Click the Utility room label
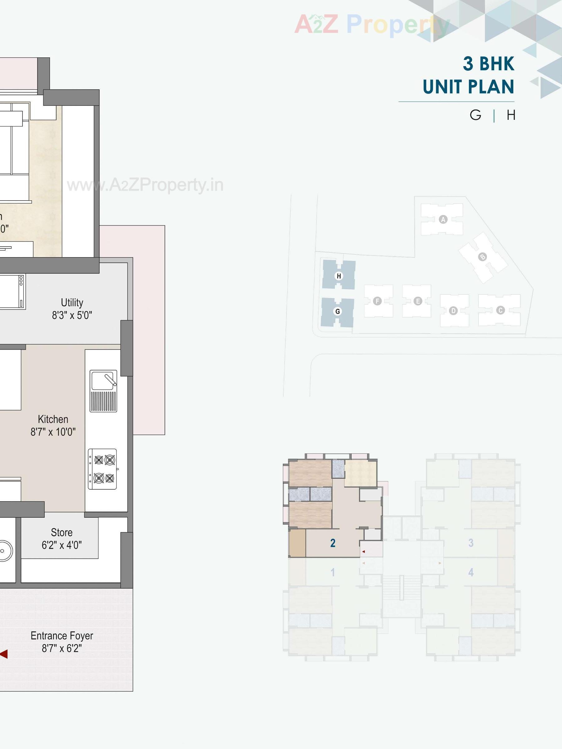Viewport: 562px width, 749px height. (x=72, y=302)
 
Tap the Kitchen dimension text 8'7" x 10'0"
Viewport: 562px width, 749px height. (x=53, y=432)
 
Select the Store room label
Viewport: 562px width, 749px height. (x=62, y=532)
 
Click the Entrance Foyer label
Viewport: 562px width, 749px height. (x=62, y=636)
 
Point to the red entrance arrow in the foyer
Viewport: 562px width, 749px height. (x=4, y=654)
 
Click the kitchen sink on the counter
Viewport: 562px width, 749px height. (x=103, y=390)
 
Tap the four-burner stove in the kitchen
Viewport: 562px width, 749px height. (x=103, y=469)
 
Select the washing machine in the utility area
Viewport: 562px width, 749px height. (x=12, y=291)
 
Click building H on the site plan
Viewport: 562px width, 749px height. (x=338, y=276)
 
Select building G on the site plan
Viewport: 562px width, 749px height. (x=338, y=311)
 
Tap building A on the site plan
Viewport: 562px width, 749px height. (x=443, y=219)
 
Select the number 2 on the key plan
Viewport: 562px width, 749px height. (x=333, y=543)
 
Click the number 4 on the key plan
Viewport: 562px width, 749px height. (x=471, y=572)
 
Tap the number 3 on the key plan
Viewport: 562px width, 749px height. (x=471, y=543)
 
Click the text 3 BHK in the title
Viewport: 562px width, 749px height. (x=488, y=64)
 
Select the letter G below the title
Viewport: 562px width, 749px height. (x=475, y=115)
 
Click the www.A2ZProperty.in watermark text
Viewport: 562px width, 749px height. (x=145, y=185)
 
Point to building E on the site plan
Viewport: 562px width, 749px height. (x=417, y=301)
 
